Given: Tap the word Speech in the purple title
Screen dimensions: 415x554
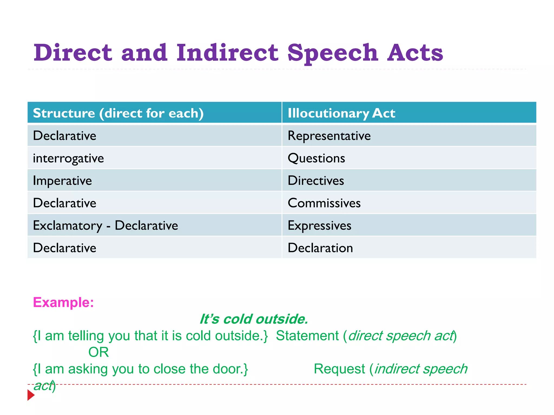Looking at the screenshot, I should point(332,53).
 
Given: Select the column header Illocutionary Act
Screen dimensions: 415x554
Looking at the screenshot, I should point(341,113).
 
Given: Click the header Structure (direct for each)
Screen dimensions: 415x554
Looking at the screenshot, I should point(118,113).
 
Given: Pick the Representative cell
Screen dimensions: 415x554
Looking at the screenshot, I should point(329,136).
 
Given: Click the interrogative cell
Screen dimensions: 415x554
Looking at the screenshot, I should point(68,158).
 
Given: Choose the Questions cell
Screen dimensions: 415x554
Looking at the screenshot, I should point(316,158).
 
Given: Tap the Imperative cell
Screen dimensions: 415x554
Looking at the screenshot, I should point(62,181).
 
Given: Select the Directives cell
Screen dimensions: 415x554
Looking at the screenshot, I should point(316,180).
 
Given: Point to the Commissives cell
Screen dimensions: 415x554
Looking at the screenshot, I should point(324,203).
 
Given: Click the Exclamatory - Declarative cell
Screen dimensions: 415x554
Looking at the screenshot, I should point(105,226).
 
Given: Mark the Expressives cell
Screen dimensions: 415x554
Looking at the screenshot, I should point(319,226).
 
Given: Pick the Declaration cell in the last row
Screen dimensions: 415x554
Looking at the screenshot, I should point(320,248).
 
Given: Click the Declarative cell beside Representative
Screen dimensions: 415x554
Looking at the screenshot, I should point(64,136).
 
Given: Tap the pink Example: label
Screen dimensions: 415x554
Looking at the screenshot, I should point(63,302).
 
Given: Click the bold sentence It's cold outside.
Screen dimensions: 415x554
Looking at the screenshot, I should point(254,319).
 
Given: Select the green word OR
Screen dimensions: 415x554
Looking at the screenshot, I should point(98,352).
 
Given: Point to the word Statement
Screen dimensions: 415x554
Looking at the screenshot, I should point(307,336).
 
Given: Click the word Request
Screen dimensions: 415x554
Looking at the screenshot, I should point(339,369).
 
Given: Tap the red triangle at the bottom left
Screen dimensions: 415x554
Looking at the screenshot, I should point(31,395).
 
